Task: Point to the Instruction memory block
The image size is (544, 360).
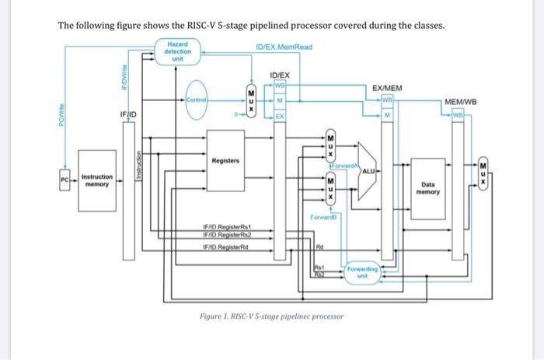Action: pyautogui.click(x=97, y=181)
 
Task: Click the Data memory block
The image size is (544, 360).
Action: pyautogui.click(x=428, y=187)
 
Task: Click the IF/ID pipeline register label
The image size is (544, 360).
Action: pyautogui.click(x=129, y=114)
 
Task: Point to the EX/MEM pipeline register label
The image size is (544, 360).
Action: pyautogui.click(x=387, y=89)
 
